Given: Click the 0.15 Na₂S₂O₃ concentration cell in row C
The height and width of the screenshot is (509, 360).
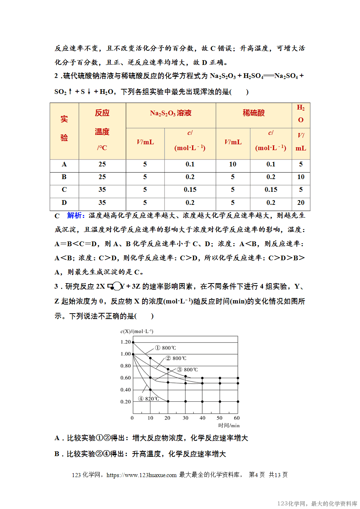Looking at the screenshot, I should (190, 190).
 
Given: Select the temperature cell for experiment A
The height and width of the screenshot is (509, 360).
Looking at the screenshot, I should (102, 164).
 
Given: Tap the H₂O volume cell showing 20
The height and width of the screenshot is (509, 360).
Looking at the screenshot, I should (301, 203).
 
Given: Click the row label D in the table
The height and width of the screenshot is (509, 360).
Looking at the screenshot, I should (64, 203).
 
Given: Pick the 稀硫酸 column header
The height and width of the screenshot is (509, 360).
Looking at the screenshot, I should (253, 113).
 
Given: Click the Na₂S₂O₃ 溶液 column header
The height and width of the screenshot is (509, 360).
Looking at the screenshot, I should (171, 113).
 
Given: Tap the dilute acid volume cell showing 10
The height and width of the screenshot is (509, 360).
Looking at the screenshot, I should (233, 164).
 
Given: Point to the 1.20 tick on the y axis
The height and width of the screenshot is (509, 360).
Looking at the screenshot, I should (125, 342).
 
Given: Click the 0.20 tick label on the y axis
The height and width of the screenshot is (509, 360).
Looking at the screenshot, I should (125, 402).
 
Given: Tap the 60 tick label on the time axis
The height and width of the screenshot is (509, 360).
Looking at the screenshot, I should (237, 418).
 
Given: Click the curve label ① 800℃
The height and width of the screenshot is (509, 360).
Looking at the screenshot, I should (166, 348).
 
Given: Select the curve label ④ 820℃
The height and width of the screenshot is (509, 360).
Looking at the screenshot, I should (149, 399).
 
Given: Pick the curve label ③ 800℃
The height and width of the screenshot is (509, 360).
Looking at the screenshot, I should (187, 370).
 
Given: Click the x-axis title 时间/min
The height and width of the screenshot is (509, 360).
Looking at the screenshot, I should (229, 426).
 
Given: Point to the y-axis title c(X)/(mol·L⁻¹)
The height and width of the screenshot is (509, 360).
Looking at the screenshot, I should (137, 331).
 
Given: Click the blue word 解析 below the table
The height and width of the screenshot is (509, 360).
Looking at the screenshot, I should (75, 215).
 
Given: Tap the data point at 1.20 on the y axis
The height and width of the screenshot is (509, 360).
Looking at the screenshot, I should (133, 342).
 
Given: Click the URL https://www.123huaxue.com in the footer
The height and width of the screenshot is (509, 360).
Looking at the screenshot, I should (141, 475).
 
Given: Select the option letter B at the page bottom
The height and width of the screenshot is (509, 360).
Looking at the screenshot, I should (57, 454).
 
